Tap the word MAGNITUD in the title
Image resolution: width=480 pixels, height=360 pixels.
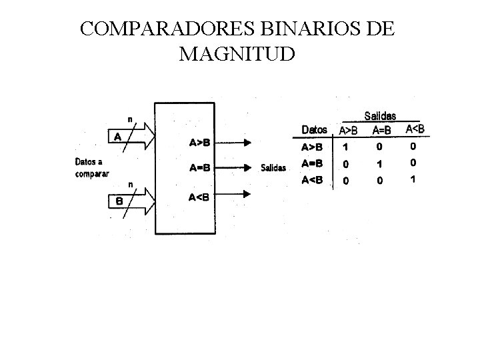click(x=236, y=54)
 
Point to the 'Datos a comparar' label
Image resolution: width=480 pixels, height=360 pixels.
click(x=92, y=166)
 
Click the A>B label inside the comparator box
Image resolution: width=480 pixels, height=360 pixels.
click(x=199, y=142)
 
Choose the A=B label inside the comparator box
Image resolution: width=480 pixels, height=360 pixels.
click(x=199, y=168)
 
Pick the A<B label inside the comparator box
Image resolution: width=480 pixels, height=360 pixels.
click(x=199, y=196)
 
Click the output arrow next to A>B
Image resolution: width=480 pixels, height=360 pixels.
click(x=237, y=142)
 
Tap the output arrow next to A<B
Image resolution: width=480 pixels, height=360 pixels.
click(x=237, y=194)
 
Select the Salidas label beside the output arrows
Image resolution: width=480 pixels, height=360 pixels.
click(x=274, y=168)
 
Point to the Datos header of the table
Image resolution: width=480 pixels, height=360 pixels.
click(x=315, y=129)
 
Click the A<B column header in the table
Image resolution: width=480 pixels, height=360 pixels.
click(x=414, y=128)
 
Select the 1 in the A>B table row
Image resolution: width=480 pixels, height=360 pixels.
click(x=345, y=146)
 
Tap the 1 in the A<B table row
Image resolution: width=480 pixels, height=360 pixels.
click(x=413, y=179)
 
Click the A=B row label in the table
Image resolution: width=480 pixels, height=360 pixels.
click(x=312, y=163)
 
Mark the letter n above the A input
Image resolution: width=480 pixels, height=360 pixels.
click(x=130, y=119)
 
